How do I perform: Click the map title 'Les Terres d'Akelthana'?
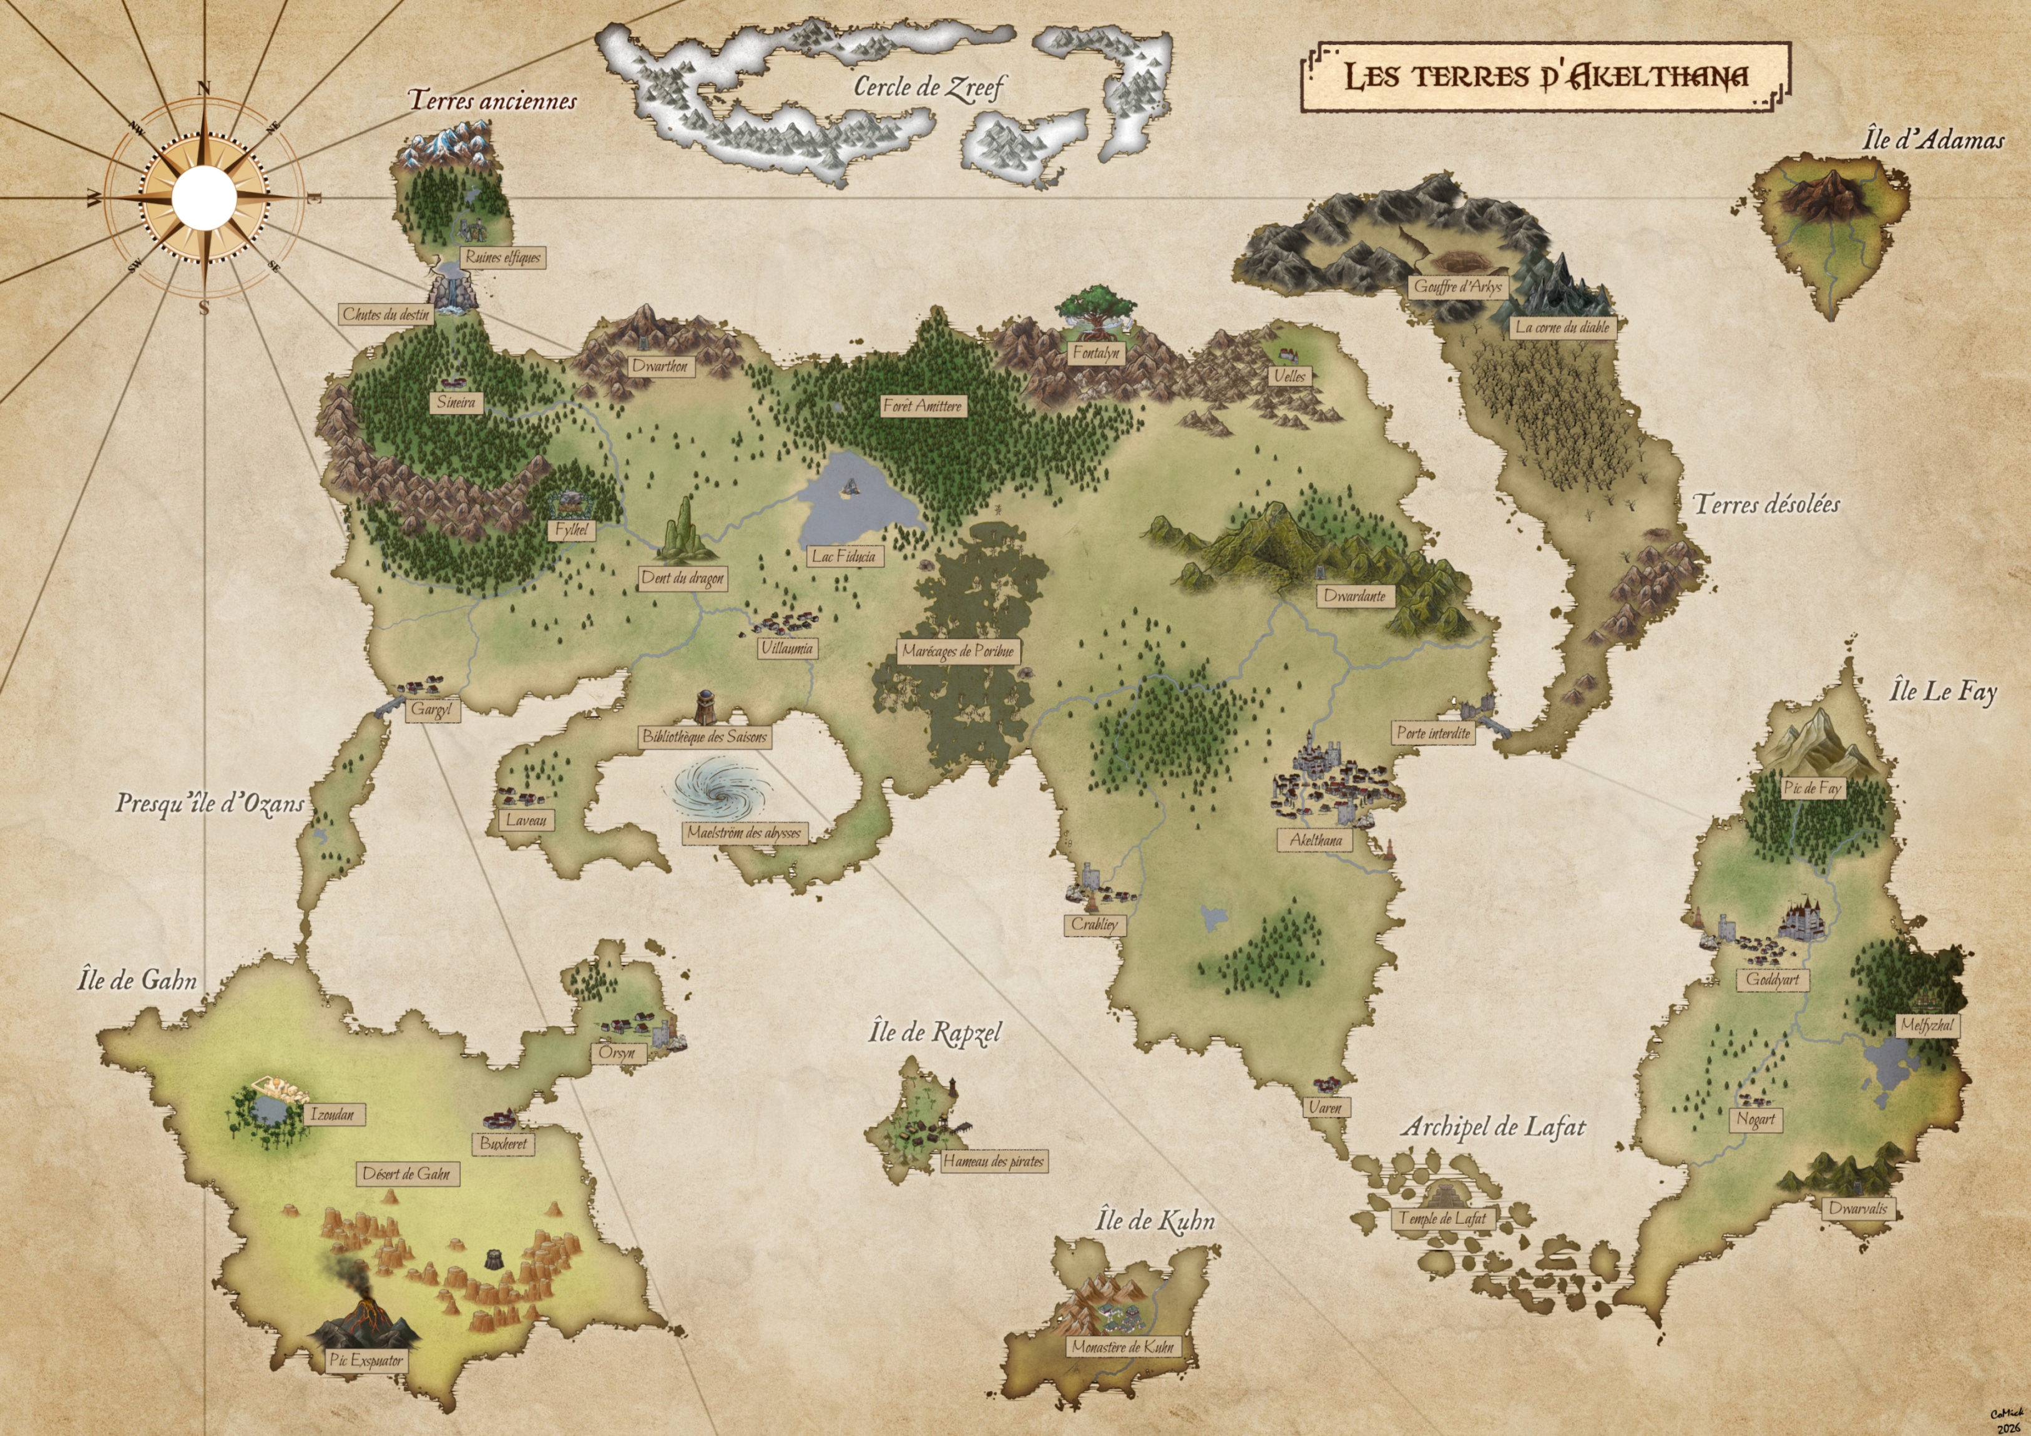tap(1545, 77)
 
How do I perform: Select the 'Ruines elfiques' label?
tap(502, 257)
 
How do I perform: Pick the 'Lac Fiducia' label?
tap(844, 556)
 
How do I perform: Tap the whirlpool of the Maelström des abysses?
tap(718, 789)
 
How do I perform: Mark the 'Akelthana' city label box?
tap(1315, 840)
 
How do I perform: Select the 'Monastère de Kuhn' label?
tap(1122, 1347)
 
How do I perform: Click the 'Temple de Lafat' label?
tap(1442, 1218)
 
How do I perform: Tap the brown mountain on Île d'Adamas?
tap(1824, 195)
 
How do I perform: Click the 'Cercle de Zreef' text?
tap(929, 87)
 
